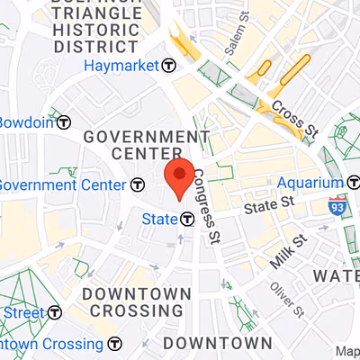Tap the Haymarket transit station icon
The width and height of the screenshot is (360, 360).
(168, 66)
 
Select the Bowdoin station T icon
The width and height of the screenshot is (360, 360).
(64, 122)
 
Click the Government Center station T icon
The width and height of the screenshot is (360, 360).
(137, 184)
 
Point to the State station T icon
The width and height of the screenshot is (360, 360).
(187, 218)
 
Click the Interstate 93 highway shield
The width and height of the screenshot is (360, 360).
(337, 205)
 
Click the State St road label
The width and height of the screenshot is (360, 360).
(272, 206)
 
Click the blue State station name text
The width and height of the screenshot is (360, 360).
(159, 218)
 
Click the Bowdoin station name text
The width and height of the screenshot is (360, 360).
(25, 122)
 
